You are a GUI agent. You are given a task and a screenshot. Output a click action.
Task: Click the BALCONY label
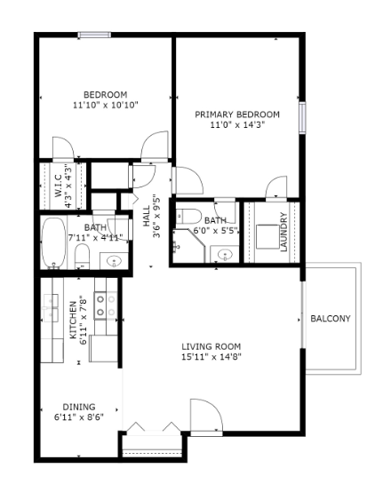point(330,319)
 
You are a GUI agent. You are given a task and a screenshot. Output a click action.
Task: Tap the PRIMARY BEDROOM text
point(237,115)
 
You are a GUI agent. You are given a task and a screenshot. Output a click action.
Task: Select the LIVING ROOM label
point(211,346)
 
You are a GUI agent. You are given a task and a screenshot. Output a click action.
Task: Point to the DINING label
point(79,407)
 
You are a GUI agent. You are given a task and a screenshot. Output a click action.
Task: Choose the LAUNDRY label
point(283,233)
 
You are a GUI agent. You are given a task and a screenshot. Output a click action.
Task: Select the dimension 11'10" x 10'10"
point(105,105)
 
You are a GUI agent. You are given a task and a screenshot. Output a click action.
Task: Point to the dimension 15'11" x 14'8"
point(211,357)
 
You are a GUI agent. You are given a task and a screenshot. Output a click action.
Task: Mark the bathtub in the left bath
point(54,244)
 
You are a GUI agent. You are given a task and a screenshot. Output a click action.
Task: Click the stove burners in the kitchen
point(101,306)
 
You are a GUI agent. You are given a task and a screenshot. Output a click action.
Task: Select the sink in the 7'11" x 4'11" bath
point(114,260)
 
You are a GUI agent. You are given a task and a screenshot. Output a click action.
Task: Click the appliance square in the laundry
point(265,235)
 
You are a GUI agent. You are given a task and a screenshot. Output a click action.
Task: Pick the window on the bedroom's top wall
point(93,36)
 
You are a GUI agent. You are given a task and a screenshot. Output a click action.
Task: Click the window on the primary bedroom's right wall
point(302,116)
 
